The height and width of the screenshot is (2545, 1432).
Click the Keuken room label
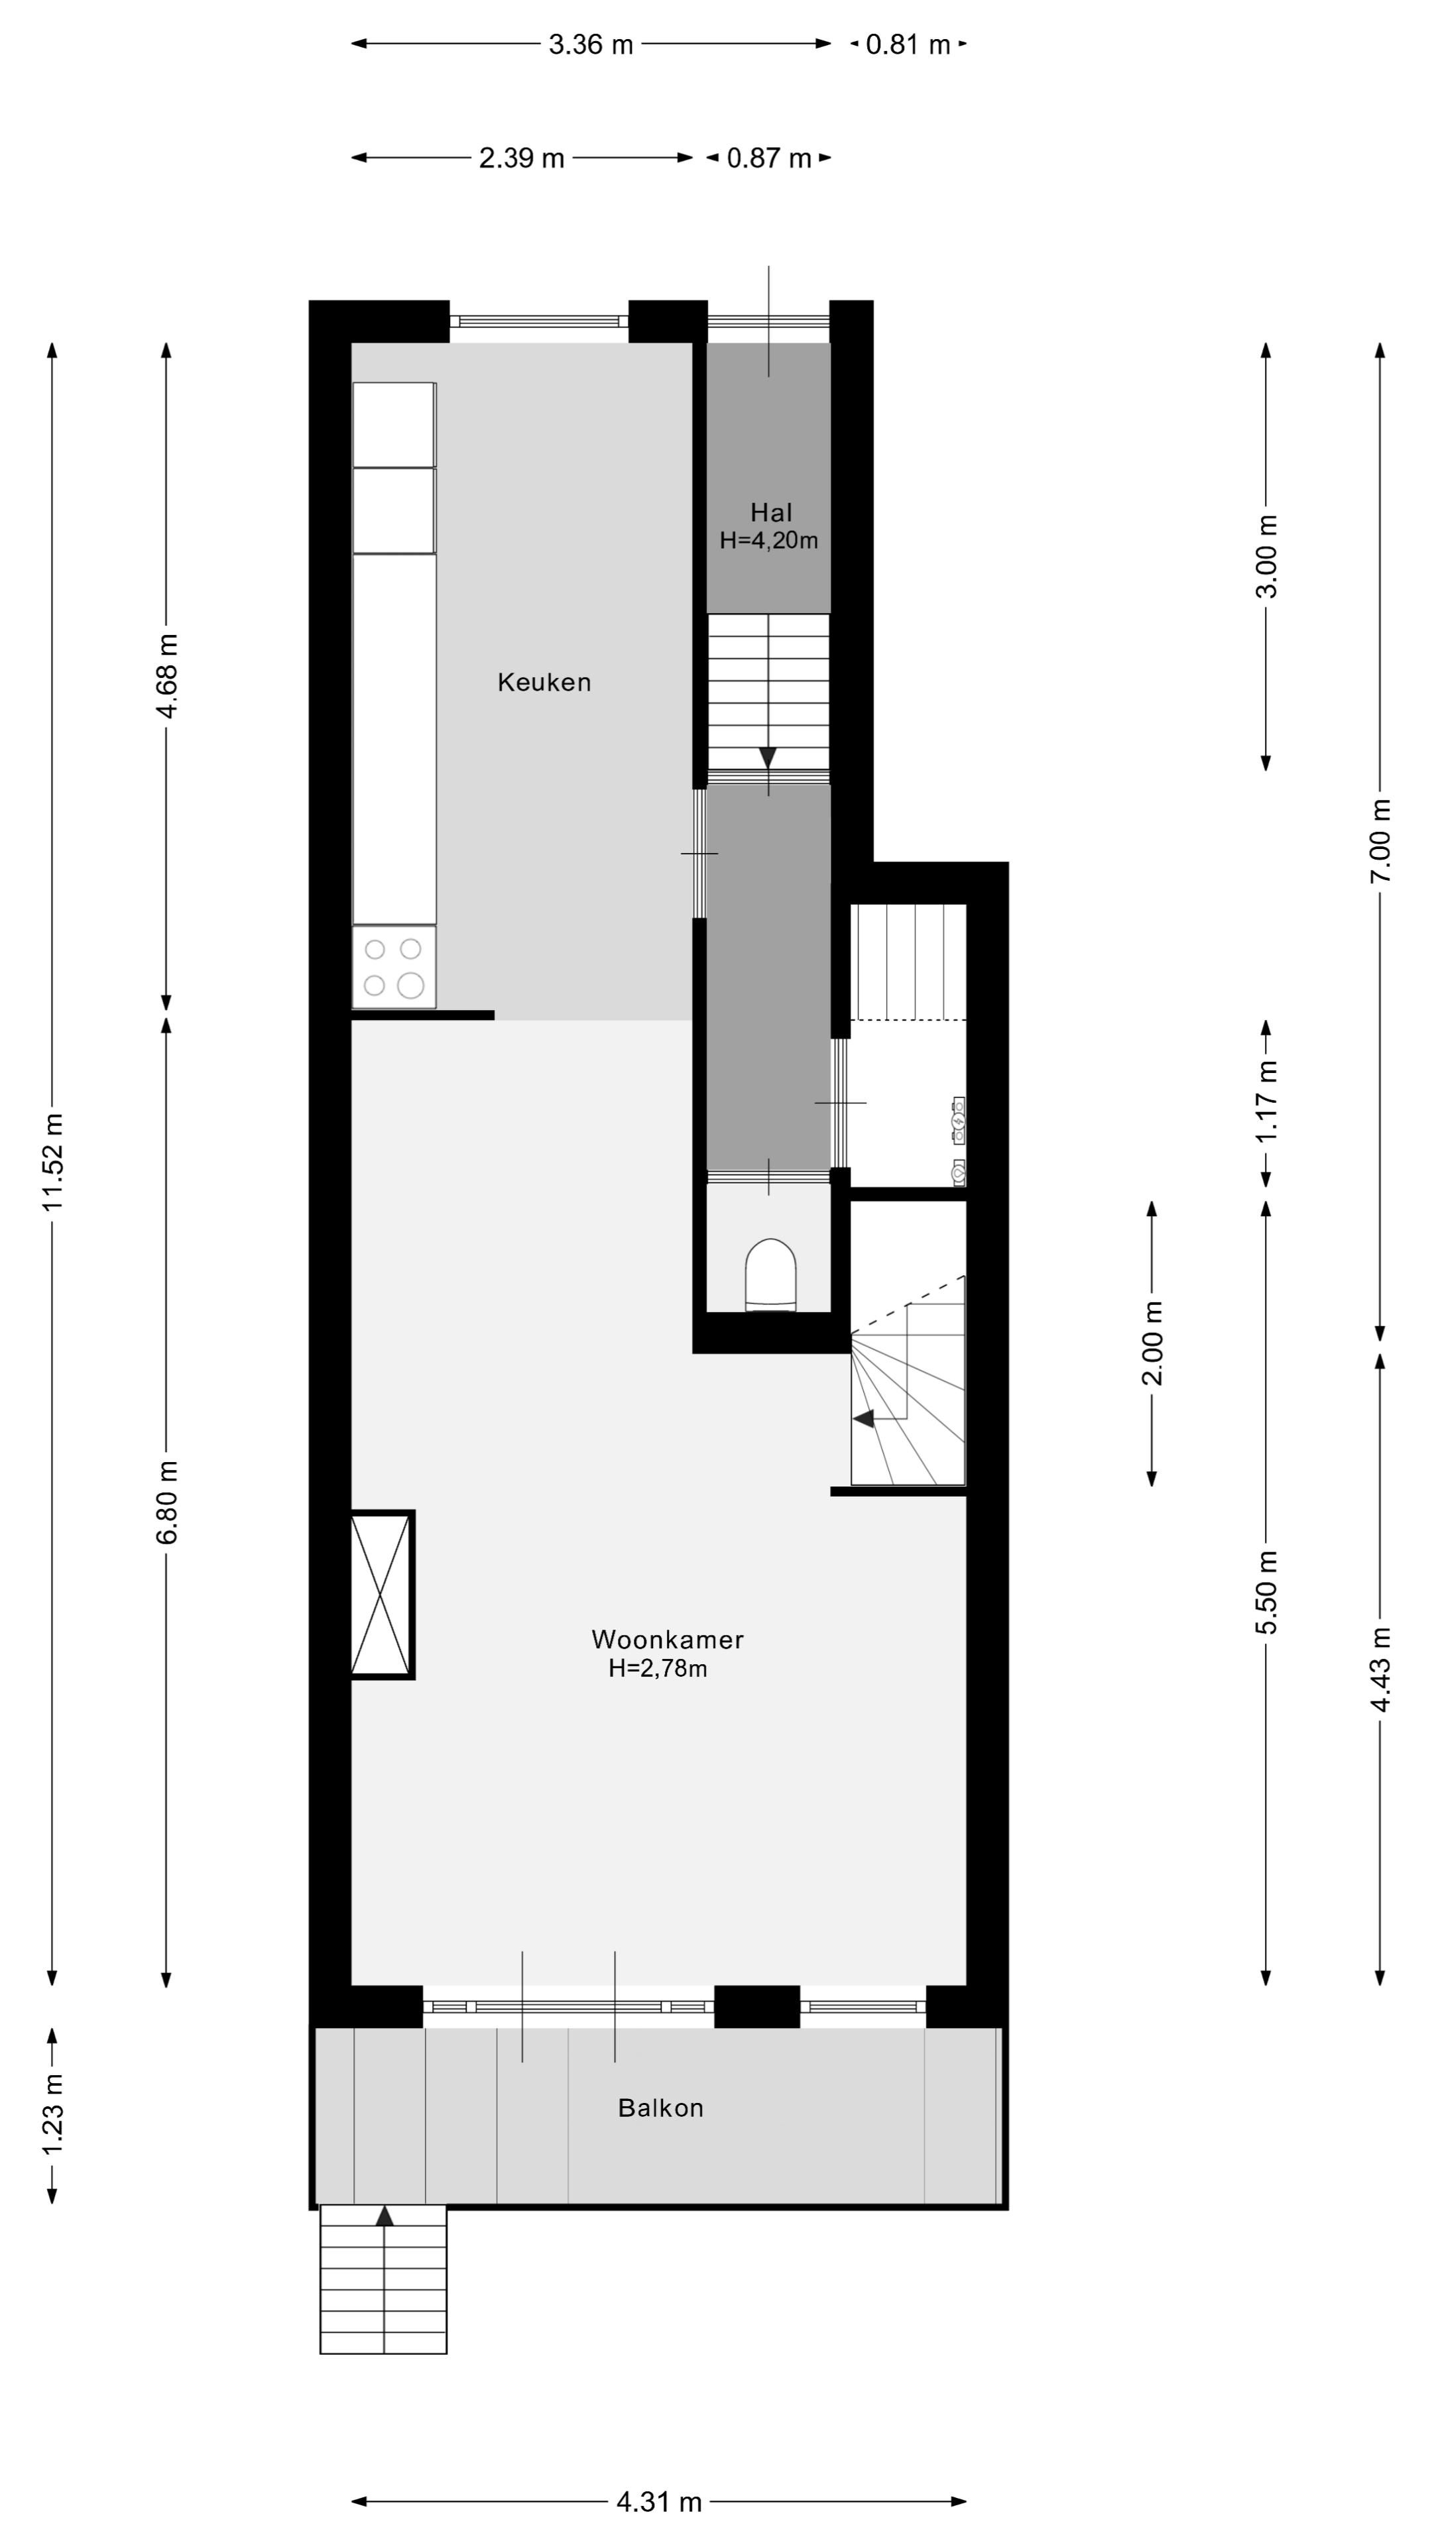tap(544, 683)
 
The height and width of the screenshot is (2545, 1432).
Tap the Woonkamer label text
tap(667, 1640)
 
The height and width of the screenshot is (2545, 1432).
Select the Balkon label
tap(660, 2108)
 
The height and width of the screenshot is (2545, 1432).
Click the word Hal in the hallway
tap(771, 513)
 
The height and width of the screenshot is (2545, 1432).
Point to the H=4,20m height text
tap(769, 540)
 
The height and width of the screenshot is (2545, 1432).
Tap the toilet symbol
tap(770, 1274)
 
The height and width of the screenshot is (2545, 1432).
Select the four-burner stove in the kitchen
tap(393, 967)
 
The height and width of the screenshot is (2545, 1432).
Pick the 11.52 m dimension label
tap(52, 1162)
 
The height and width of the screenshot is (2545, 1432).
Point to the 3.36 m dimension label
tap(591, 44)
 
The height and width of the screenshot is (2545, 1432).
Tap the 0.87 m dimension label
tap(769, 158)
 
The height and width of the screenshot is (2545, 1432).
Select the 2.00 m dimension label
tap(1152, 1343)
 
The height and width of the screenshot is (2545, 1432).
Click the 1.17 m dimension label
tap(1267, 1102)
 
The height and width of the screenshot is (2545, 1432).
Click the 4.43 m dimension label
tap(1380, 1669)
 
